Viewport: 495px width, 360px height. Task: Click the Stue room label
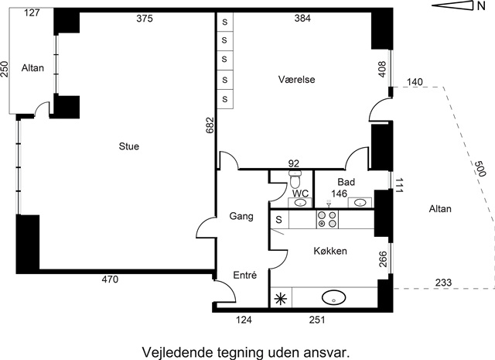[129, 146]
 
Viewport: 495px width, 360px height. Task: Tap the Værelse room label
[296, 79]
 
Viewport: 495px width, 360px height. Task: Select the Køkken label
[330, 251]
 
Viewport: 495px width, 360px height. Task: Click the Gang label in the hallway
[241, 217]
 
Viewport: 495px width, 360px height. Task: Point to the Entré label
[244, 276]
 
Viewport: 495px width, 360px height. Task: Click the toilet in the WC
[295, 180]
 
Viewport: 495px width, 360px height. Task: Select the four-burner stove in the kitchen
[327, 219]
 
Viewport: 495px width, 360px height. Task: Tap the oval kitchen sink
[333, 297]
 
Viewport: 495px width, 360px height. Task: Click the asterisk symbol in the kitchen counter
[280, 299]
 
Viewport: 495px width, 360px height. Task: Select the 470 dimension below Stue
[110, 279]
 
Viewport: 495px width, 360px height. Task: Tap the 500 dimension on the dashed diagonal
[480, 169]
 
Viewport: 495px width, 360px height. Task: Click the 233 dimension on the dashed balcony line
[443, 283]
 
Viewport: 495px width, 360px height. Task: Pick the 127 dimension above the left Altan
[32, 12]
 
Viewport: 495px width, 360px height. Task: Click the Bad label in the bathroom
[346, 182]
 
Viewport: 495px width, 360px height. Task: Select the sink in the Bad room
[360, 202]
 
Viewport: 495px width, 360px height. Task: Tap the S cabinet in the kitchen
[279, 219]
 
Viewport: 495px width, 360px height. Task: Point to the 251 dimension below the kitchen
[317, 320]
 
